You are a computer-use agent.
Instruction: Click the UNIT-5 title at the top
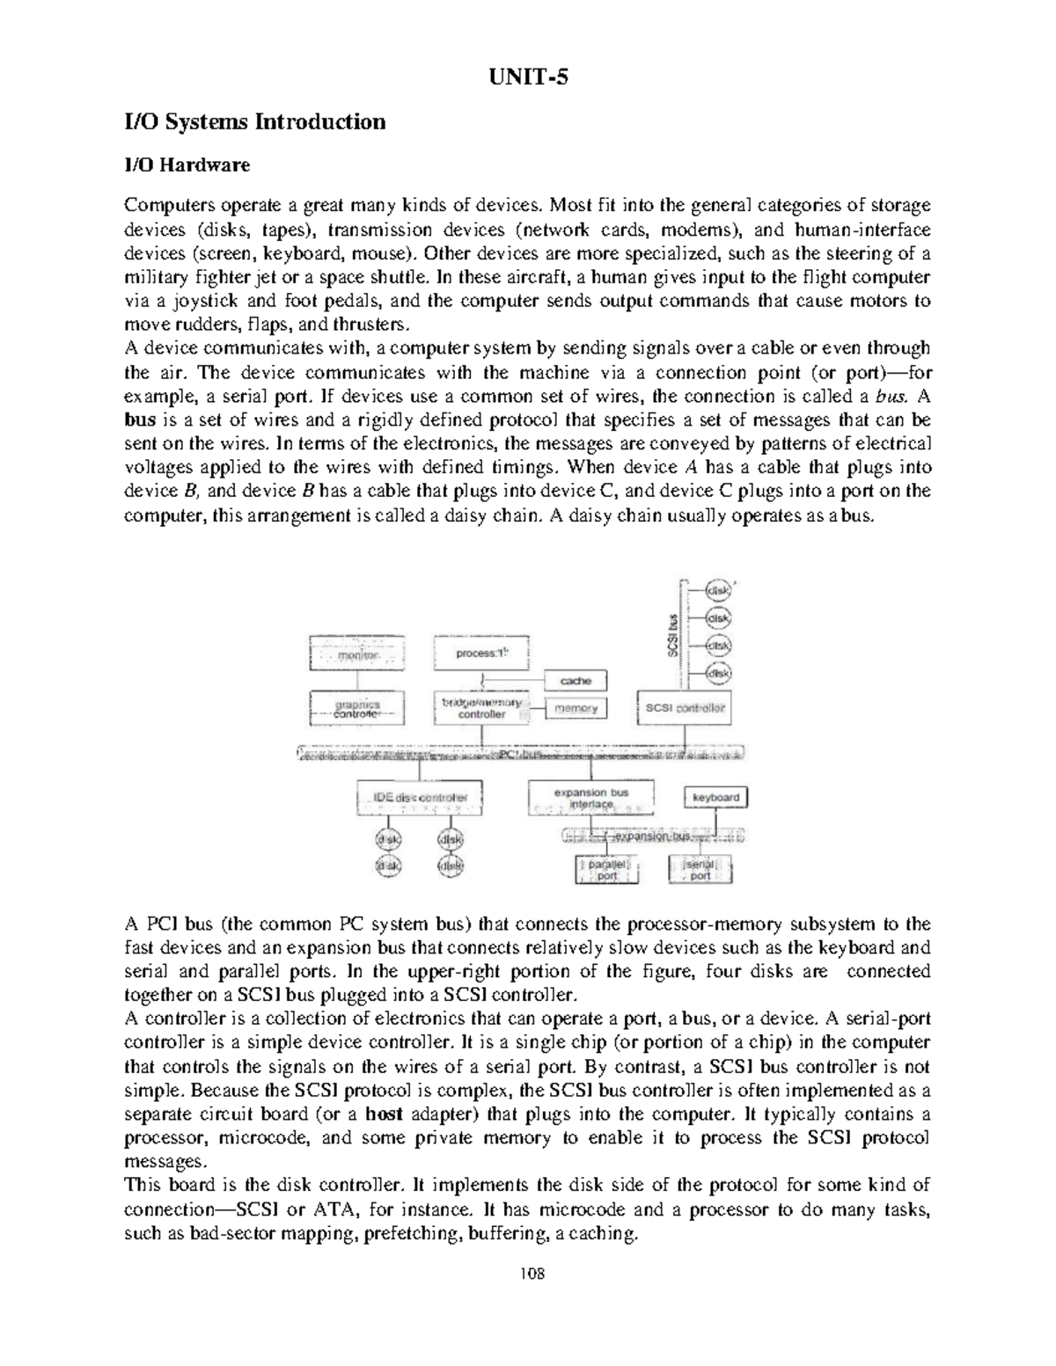click(x=528, y=77)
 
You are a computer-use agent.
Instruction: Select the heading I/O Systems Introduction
click(x=255, y=121)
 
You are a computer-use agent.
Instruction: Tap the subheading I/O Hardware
click(x=187, y=164)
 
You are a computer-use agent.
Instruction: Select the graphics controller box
click(x=357, y=709)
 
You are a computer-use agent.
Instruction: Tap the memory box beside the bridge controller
click(x=576, y=708)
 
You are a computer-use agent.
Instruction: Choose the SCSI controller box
click(x=685, y=708)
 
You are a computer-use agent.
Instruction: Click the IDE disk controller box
click(x=420, y=798)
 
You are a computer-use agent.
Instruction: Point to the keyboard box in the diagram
click(x=716, y=797)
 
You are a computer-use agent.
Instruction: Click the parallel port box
click(x=607, y=870)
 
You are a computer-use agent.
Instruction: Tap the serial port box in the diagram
click(x=700, y=870)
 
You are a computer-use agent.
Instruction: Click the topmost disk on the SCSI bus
click(x=720, y=592)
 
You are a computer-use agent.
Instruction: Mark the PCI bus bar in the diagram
click(x=526, y=754)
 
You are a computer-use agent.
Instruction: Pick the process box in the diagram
click(x=481, y=654)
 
